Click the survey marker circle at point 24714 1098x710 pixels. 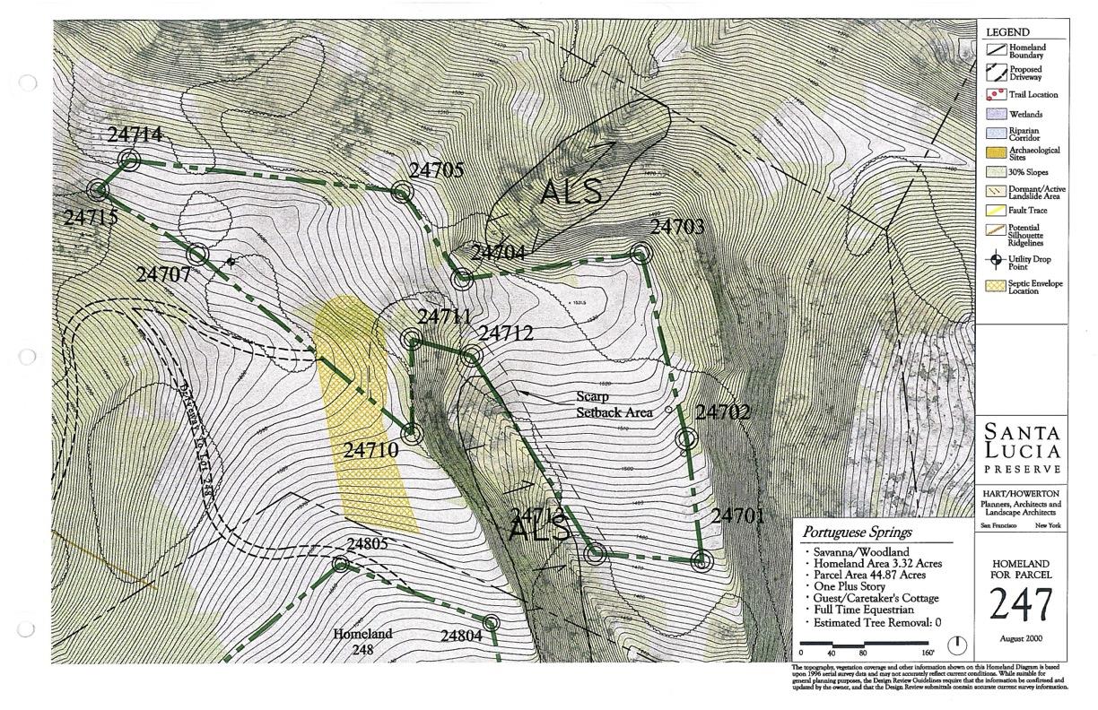tap(130, 160)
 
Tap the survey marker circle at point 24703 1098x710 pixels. tap(640, 253)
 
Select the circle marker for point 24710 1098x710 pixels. tap(412, 434)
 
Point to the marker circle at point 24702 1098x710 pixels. tap(686, 439)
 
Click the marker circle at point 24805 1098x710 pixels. tap(340, 564)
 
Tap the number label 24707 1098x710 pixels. tap(163, 274)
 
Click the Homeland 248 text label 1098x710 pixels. tap(363, 641)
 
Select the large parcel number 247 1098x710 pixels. tap(1021, 607)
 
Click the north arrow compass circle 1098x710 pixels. tap(957, 644)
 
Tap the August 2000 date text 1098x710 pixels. tap(1020, 637)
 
